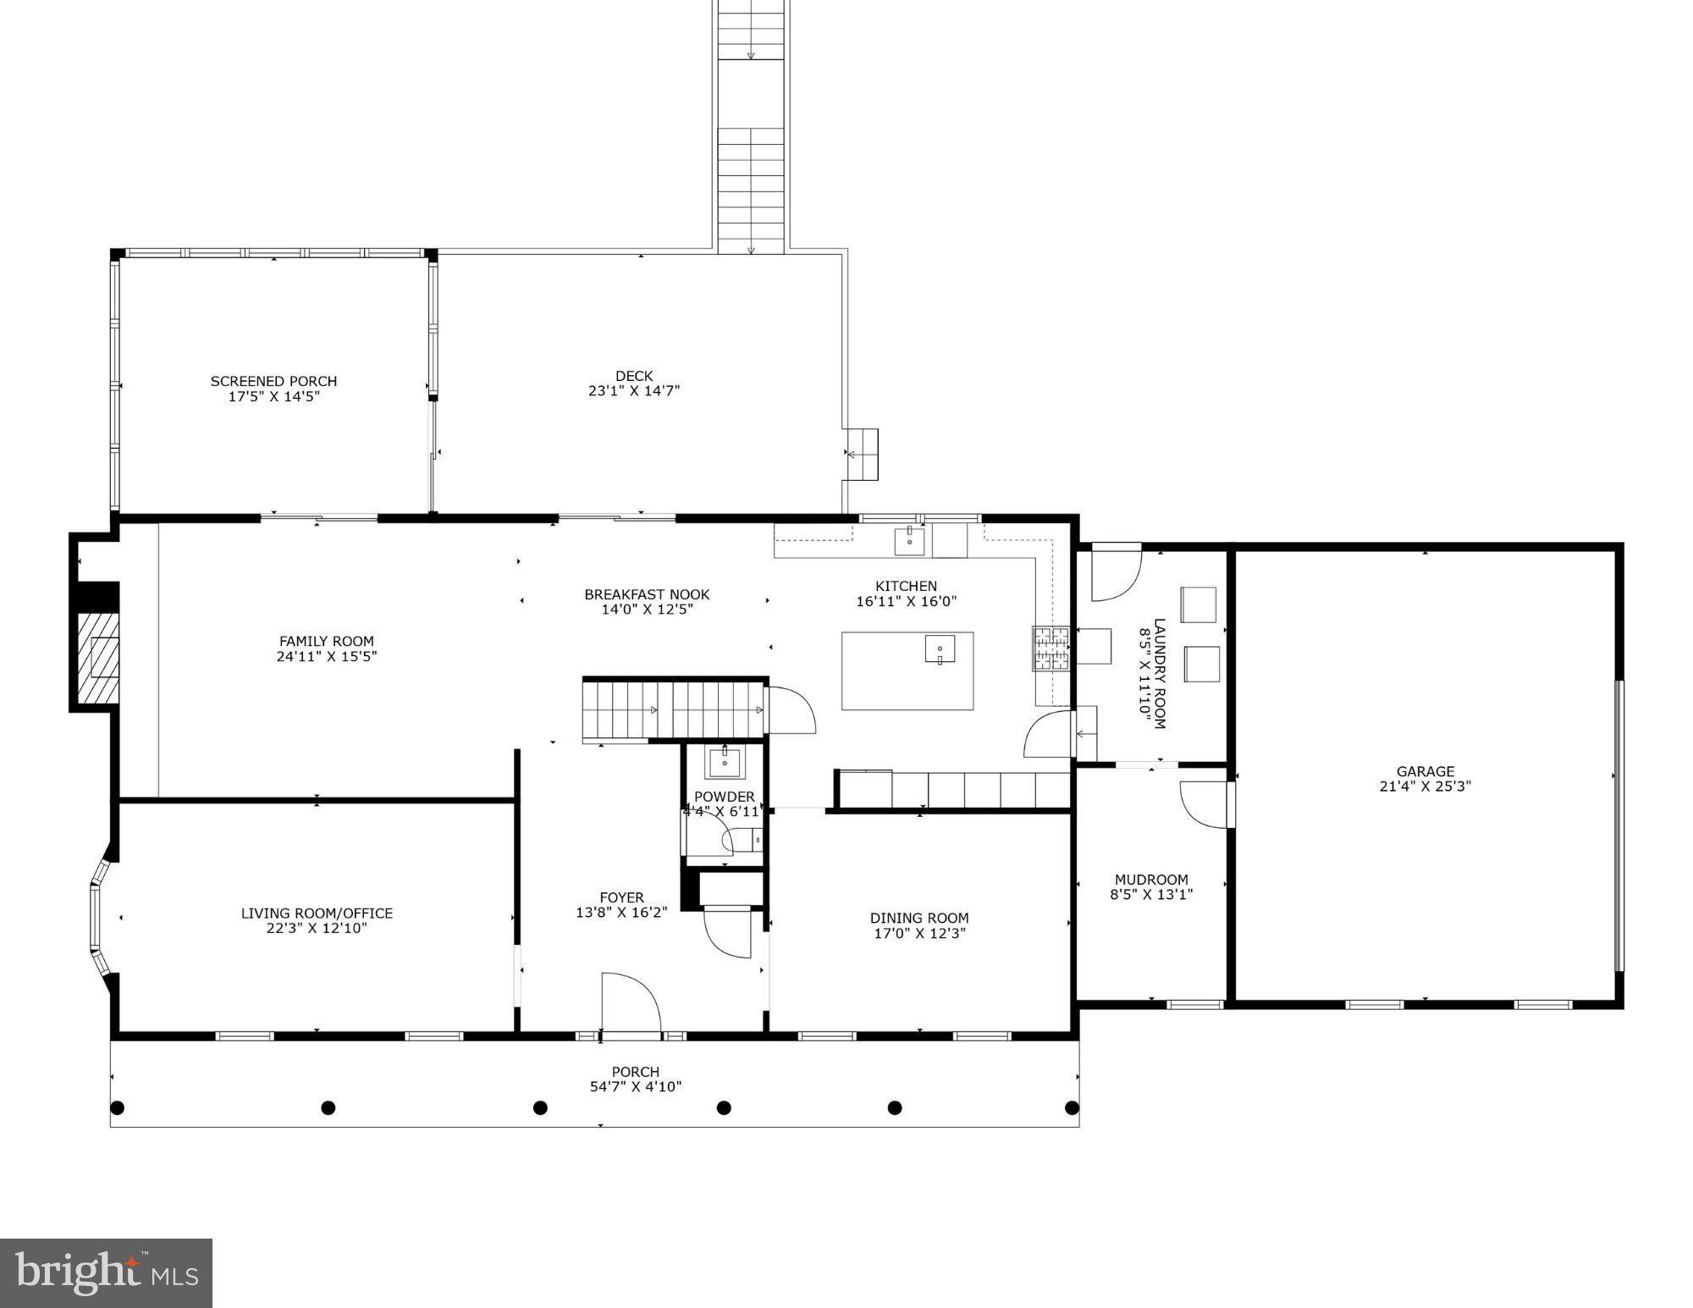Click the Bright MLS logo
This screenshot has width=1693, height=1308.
click(x=106, y=1272)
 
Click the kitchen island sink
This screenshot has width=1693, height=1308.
click(x=940, y=649)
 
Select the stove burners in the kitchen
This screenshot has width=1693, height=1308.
click(x=1051, y=648)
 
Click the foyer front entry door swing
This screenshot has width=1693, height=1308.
click(x=631, y=1003)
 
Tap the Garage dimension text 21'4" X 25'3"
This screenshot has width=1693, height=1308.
click(x=1426, y=786)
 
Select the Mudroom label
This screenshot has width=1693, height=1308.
click(x=1151, y=879)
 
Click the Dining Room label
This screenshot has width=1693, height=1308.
click(x=919, y=918)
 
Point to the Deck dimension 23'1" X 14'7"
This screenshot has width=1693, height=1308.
click(x=634, y=391)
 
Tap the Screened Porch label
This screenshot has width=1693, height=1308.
click(x=273, y=381)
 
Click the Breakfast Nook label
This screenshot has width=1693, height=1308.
click(x=647, y=594)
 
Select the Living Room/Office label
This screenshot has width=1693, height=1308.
click(x=317, y=913)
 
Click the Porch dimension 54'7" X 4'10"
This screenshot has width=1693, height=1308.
click(x=636, y=1086)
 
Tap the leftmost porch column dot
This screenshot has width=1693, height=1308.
click(x=118, y=1107)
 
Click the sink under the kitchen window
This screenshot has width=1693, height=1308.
click(x=910, y=539)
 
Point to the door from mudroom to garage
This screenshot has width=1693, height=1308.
click(x=1205, y=804)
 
